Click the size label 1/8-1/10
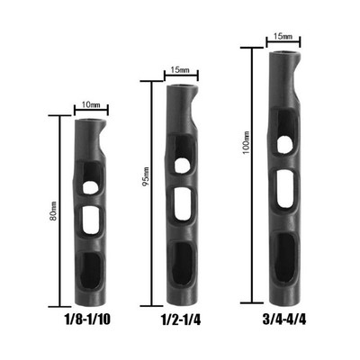tap(87, 319)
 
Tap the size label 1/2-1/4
tap(181, 320)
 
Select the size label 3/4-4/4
tap(284, 319)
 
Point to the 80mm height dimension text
tap(53, 211)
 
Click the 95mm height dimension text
tap(145, 176)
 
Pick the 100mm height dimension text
tap(247, 142)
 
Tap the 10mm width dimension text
tap(91, 105)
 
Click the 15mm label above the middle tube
tap(180, 70)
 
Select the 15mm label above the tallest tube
tap(283, 37)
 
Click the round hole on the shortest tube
tap(90, 187)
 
